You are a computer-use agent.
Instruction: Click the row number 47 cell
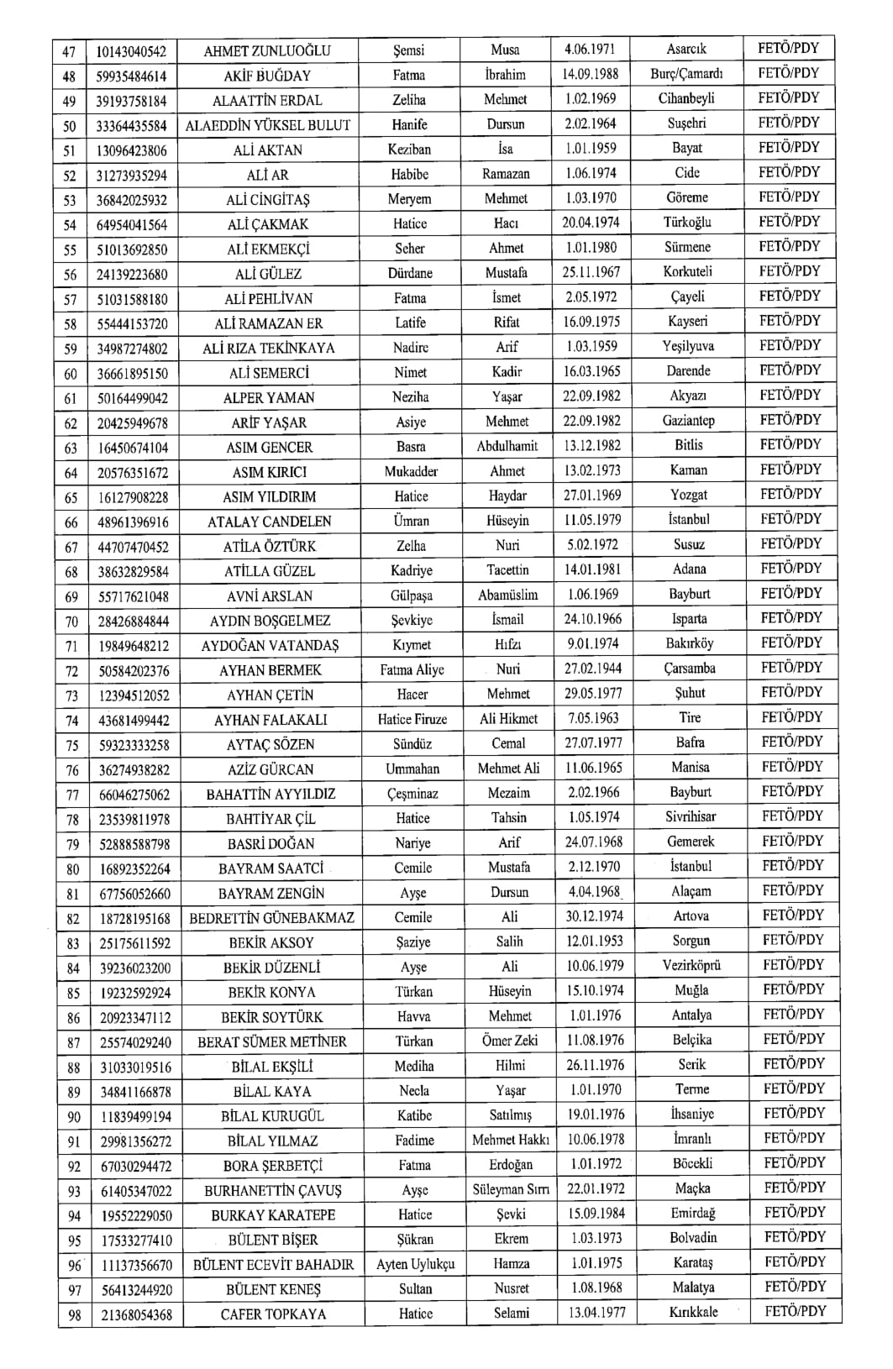coord(70,51)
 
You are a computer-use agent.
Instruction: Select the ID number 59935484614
coord(131,76)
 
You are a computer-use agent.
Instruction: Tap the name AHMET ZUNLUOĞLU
coord(267,51)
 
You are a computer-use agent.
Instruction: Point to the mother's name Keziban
coord(409,149)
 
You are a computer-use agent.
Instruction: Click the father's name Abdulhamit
coord(507,446)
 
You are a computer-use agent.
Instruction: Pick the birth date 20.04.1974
coord(590,223)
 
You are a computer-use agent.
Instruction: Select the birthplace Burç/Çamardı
coord(686,74)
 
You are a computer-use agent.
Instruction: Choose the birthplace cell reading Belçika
coord(691,1040)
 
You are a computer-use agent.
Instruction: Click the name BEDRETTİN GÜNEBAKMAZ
coord(272,918)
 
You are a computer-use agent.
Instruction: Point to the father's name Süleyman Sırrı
coord(511,1189)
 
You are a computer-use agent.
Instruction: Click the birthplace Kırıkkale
coord(694,1313)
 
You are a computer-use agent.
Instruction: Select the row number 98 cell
coord(75,1315)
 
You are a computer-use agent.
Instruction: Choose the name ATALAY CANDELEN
coord(270,522)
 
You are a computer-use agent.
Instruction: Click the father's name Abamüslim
coord(508,595)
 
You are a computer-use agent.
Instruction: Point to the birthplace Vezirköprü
coord(691,966)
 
